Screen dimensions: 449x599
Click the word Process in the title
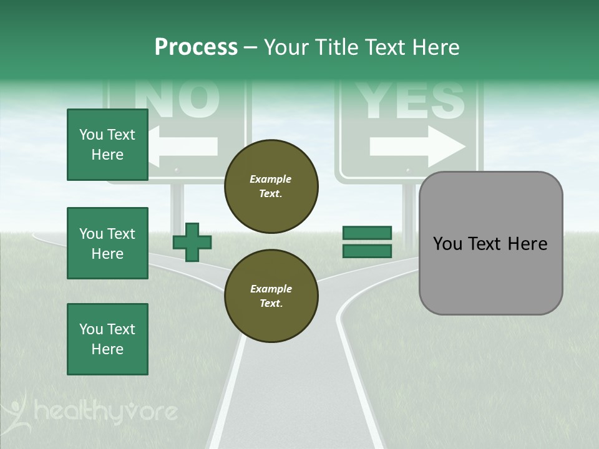[196, 47]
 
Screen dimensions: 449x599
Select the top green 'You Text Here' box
[107, 145]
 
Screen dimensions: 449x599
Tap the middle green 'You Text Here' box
[107, 243]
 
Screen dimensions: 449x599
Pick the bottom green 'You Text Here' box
[107, 339]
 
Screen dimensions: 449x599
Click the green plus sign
[192, 243]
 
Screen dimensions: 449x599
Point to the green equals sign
[367, 242]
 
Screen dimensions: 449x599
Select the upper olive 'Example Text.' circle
[271, 186]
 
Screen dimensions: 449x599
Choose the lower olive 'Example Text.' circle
[271, 296]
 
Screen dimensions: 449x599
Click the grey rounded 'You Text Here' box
[490, 243]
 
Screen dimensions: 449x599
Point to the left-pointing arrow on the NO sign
[185, 147]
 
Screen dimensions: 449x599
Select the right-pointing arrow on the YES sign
[417, 147]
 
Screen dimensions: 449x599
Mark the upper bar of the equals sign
[367, 233]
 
